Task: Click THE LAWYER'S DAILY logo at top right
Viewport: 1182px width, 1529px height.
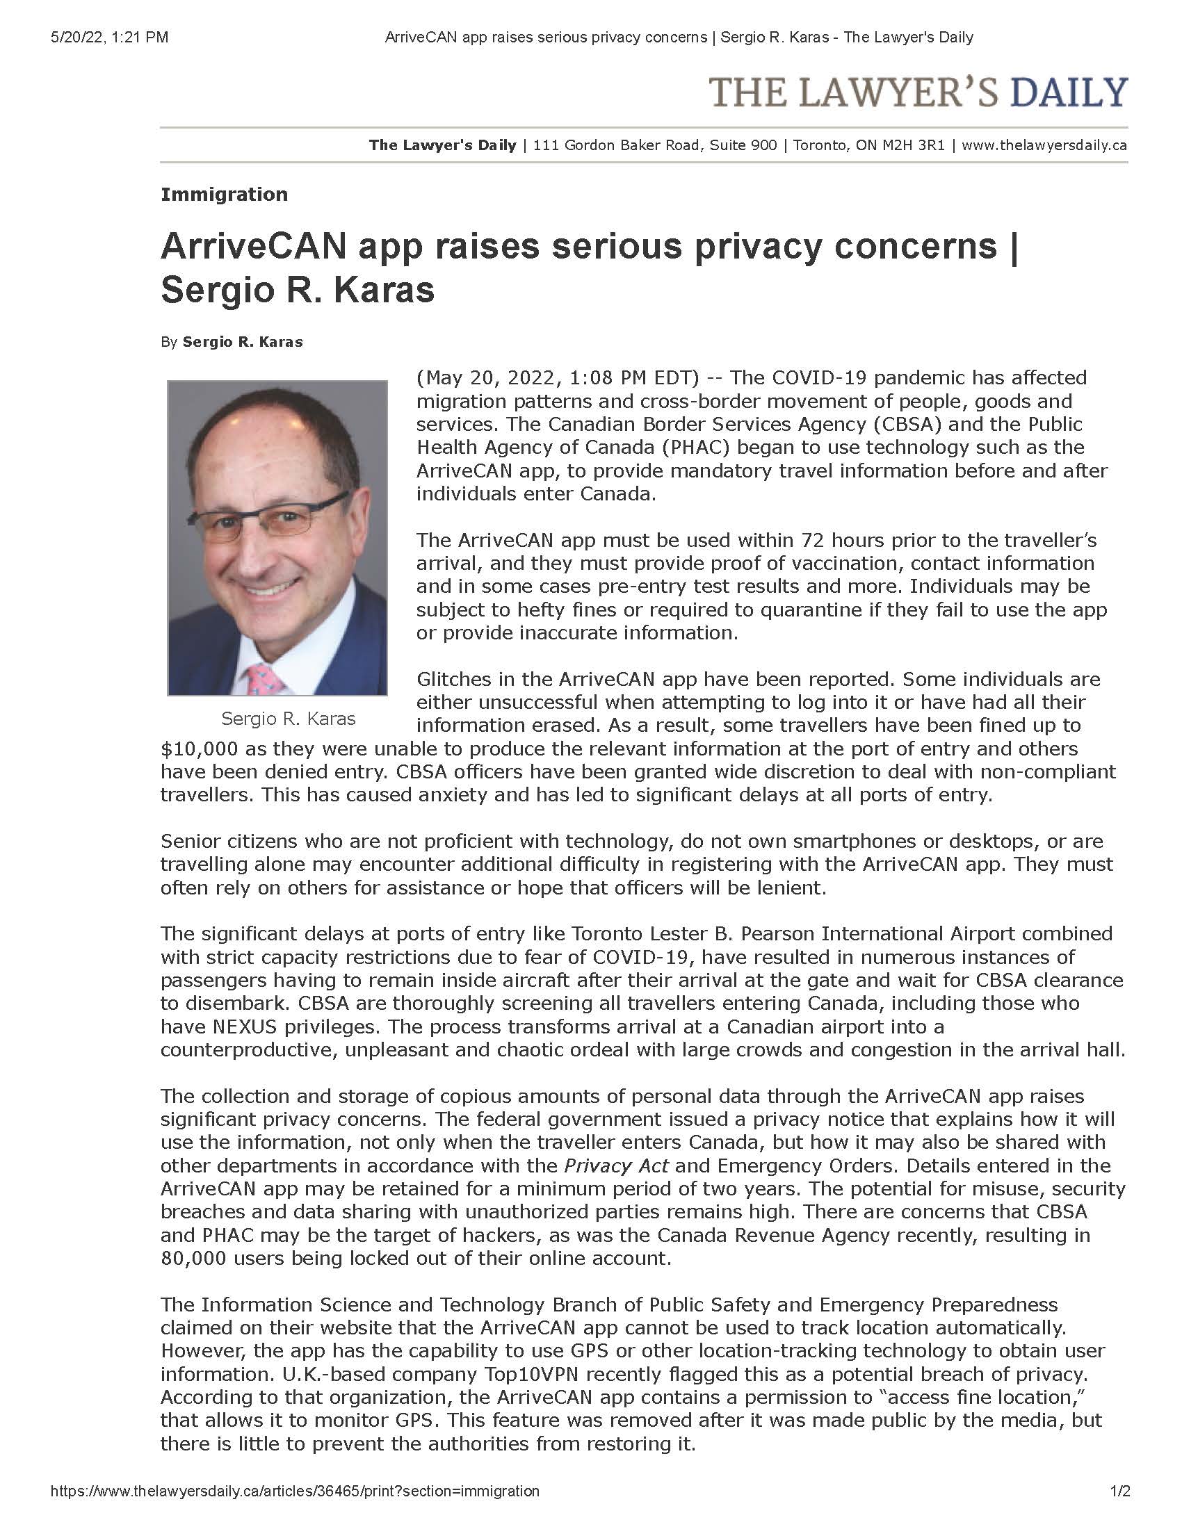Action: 918,93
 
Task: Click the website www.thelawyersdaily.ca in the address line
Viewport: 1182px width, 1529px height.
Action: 1044,146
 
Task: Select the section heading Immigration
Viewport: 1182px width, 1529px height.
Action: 224,195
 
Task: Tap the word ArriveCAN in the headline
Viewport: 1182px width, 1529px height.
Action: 254,246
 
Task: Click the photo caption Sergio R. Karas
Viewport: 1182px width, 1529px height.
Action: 289,719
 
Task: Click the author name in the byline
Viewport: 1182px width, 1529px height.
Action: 242,343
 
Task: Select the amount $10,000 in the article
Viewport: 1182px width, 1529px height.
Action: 200,749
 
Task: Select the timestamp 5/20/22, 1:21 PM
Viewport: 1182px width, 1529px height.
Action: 109,38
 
